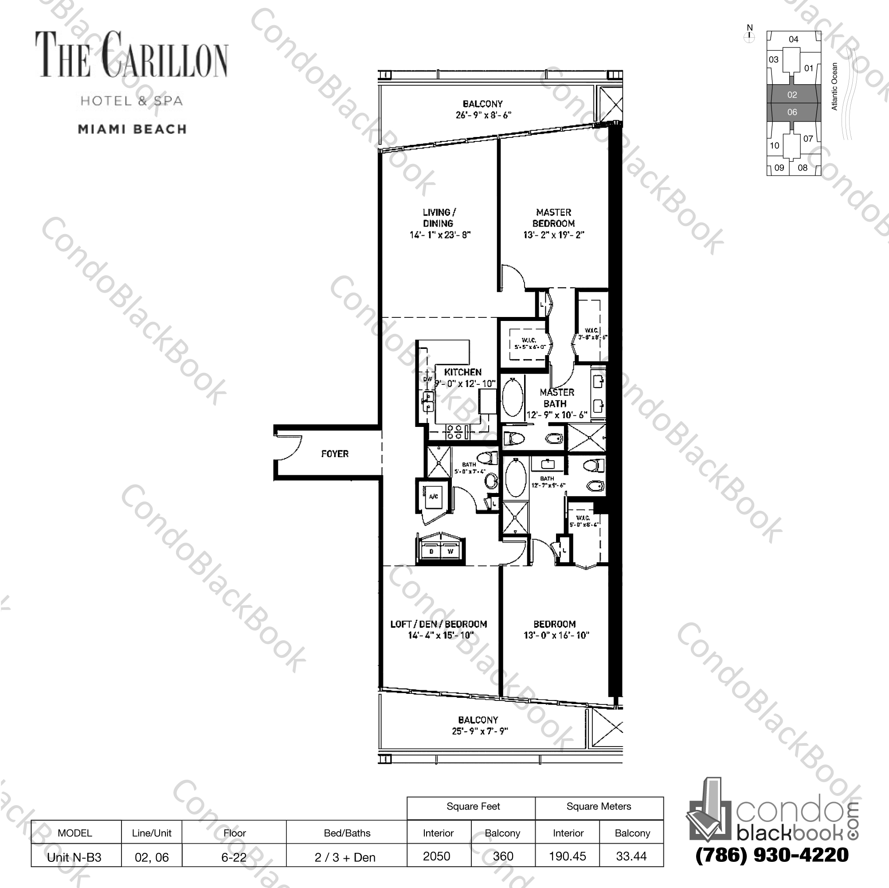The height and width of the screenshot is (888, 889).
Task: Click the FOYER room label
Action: pyautogui.click(x=334, y=454)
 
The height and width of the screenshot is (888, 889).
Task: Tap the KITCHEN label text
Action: pyautogui.click(x=462, y=372)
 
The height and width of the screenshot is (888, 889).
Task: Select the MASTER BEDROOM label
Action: pyautogui.click(x=553, y=218)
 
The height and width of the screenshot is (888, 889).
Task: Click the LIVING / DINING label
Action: pyautogui.click(x=439, y=218)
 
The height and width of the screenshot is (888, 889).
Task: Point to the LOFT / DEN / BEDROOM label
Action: pyautogui.click(x=439, y=624)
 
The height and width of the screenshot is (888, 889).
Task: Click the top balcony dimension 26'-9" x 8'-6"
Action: pyautogui.click(x=483, y=115)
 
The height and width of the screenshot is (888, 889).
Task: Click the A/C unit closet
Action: pyautogui.click(x=433, y=497)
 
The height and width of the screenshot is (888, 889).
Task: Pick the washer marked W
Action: pyautogui.click(x=450, y=551)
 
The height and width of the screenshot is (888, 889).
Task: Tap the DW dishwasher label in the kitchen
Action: pyautogui.click(x=427, y=379)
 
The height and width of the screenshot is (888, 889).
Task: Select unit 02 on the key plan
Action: pyautogui.click(x=792, y=95)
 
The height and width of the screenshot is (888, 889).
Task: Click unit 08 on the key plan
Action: pyautogui.click(x=803, y=168)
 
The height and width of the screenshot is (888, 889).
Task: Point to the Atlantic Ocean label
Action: pyautogui.click(x=834, y=86)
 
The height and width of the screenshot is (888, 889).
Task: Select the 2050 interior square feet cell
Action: pyautogui.click(x=437, y=856)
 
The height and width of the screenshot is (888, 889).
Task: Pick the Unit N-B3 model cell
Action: pyautogui.click(x=74, y=857)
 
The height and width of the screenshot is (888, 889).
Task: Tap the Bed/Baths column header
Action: pyautogui.click(x=347, y=833)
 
